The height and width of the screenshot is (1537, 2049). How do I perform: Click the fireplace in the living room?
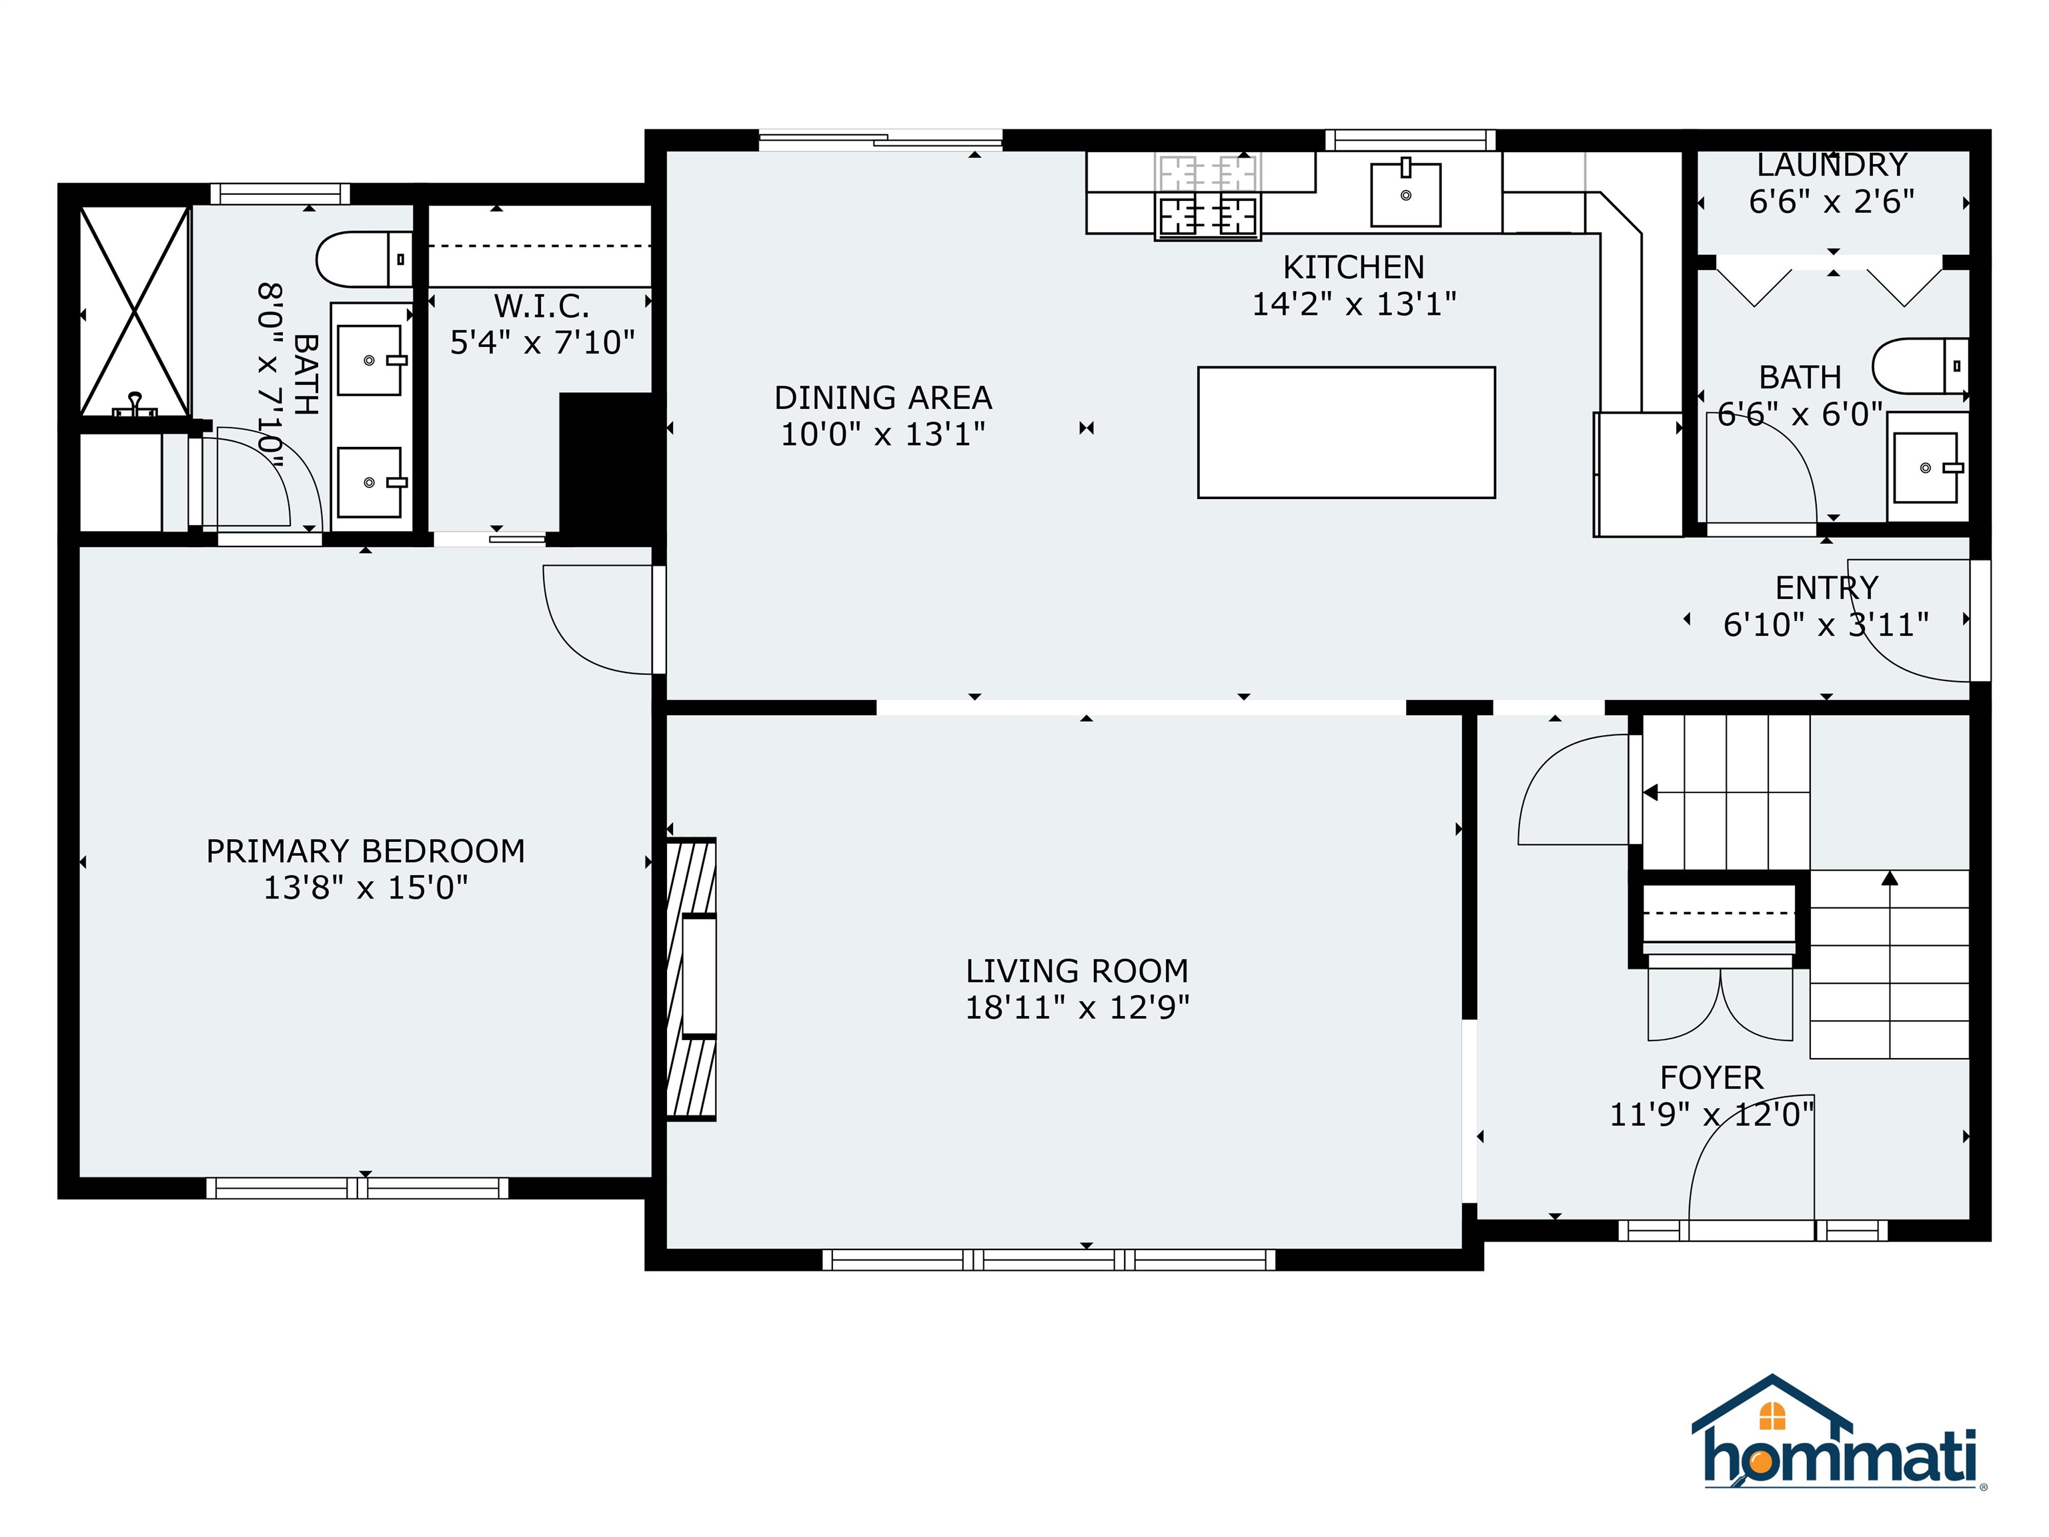pyautogui.click(x=691, y=979)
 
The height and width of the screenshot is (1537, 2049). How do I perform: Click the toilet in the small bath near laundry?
pyautogui.click(x=1920, y=366)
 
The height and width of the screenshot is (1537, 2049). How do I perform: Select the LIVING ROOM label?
pyautogui.click(x=1077, y=971)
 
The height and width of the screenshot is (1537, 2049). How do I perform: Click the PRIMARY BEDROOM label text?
pyautogui.click(x=365, y=851)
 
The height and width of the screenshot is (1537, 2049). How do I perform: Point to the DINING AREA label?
pyautogui.click(x=883, y=398)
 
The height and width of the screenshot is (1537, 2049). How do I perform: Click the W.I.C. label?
pyautogui.click(x=541, y=306)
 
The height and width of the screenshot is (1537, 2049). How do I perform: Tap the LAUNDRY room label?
pyautogui.click(x=1832, y=165)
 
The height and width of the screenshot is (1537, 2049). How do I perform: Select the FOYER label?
pyautogui.click(x=1711, y=1077)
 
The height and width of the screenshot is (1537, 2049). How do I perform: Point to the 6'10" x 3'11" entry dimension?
pyautogui.click(x=1825, y=624)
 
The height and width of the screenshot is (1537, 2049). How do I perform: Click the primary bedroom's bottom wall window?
pyautogui.click(x=357, y=1187)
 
